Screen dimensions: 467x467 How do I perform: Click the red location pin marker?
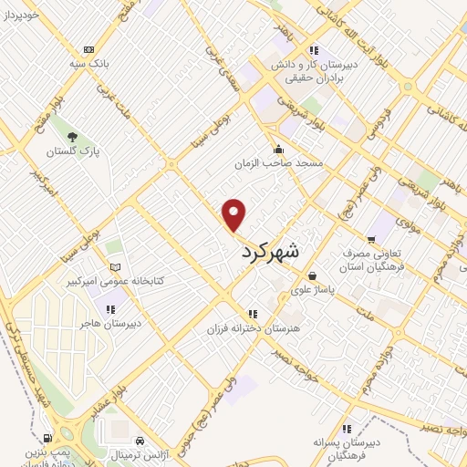coord(234,213)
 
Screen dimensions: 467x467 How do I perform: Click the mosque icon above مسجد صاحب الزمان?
coord(277,150)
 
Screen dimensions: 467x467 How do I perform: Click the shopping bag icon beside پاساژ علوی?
coord(313,275)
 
